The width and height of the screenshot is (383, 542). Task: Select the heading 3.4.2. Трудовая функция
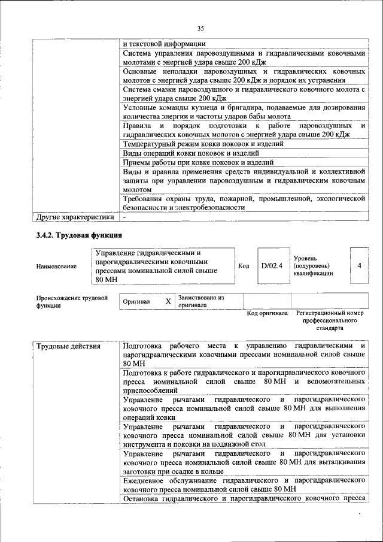pyautogui.click(x=78, y=235)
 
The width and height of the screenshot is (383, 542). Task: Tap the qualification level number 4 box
pyautogui.click(x=358, y=264)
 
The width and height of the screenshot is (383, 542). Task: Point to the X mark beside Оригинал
pyautogui.click(x=168, y=302)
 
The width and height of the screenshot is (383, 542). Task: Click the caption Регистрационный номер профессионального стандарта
pyautogui.click(x=330, y=320)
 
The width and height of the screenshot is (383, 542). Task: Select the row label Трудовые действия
pyautogui.click(x=68, y=346)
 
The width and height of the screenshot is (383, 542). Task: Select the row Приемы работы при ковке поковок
pyautogui.click(x=198, y=162)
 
